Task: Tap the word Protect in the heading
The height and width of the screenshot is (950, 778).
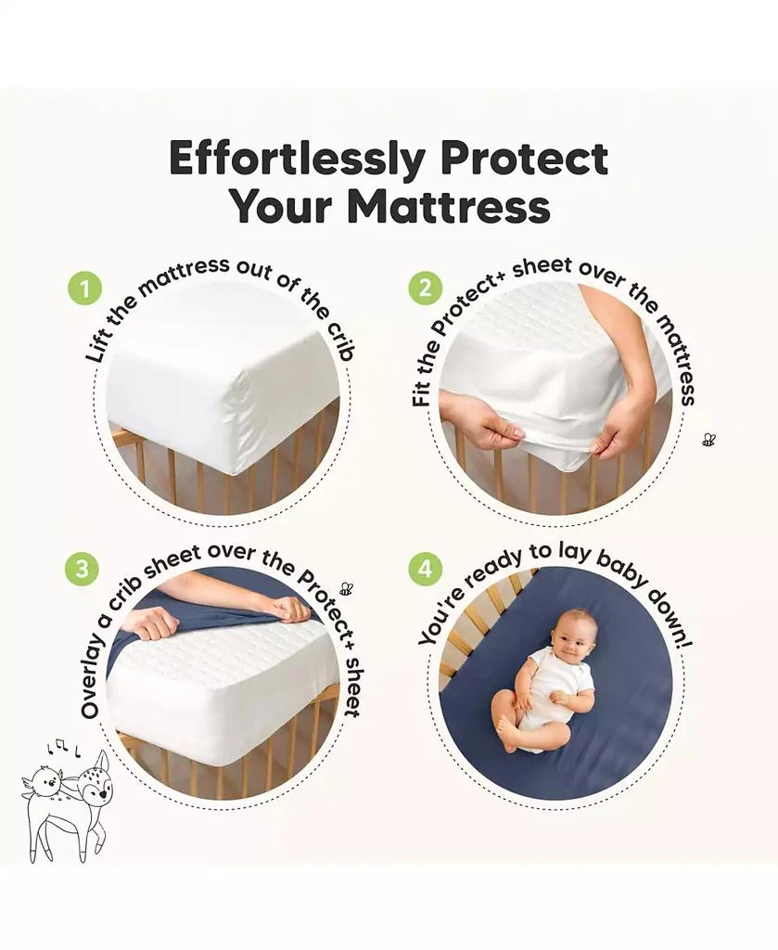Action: (x=525, y=159)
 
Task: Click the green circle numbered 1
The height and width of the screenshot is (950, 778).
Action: (x=85, y=289)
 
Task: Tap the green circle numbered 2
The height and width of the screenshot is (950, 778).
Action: (x=425, y=289)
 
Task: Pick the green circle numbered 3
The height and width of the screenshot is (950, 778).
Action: (x=82, y=569)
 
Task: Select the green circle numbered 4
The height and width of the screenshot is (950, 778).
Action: (x=425, y=569)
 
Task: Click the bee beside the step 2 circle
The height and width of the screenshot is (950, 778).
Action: (x=708, y=439)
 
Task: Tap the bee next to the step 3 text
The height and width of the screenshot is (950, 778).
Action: (x=346, y=588)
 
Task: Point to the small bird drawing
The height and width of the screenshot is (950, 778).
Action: (x=42, y=786)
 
